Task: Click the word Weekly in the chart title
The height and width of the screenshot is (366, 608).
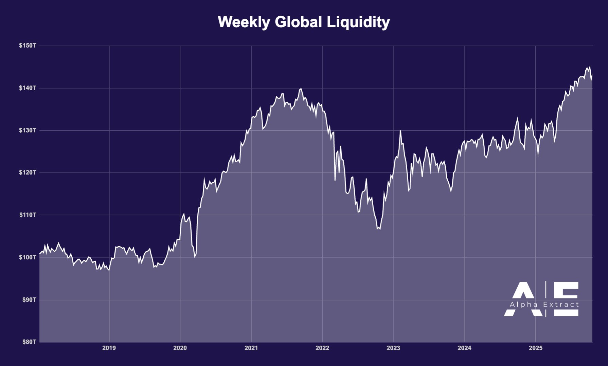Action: (x=244, y=22)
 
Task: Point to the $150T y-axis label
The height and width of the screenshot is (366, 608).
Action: (x=28, y=45)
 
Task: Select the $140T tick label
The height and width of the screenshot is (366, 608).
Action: (x=28, y=88)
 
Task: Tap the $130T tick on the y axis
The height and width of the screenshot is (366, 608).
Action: (x=28, y=130)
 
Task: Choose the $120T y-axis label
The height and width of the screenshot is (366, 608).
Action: (x=28, y=172)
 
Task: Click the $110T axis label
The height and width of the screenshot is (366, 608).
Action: (x=28, y=215)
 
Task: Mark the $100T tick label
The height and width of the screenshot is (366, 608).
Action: (x=28, y=257)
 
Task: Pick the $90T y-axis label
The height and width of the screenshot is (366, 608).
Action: (x=29, y=299)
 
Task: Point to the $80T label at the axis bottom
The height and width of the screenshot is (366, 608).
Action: (x=29, y=342)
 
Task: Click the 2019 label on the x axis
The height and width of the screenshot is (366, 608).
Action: (x=109, y=348)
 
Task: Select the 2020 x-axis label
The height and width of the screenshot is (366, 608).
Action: (x=180, y=348)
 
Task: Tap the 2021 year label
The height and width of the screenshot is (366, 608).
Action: (x=251, y=348)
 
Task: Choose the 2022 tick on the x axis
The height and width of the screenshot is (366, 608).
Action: (x=322, y=348)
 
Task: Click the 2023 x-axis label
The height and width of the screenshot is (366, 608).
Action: (x=393, y=348)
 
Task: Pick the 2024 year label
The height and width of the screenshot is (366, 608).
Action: (x=464, y=348)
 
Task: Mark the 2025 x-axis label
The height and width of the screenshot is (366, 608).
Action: (x=536, y=348)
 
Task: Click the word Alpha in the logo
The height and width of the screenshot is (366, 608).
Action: (x=523, y=305)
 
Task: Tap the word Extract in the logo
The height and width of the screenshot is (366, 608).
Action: (x=561, y=305)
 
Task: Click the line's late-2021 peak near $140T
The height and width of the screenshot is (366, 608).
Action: (x=301, y=89)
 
